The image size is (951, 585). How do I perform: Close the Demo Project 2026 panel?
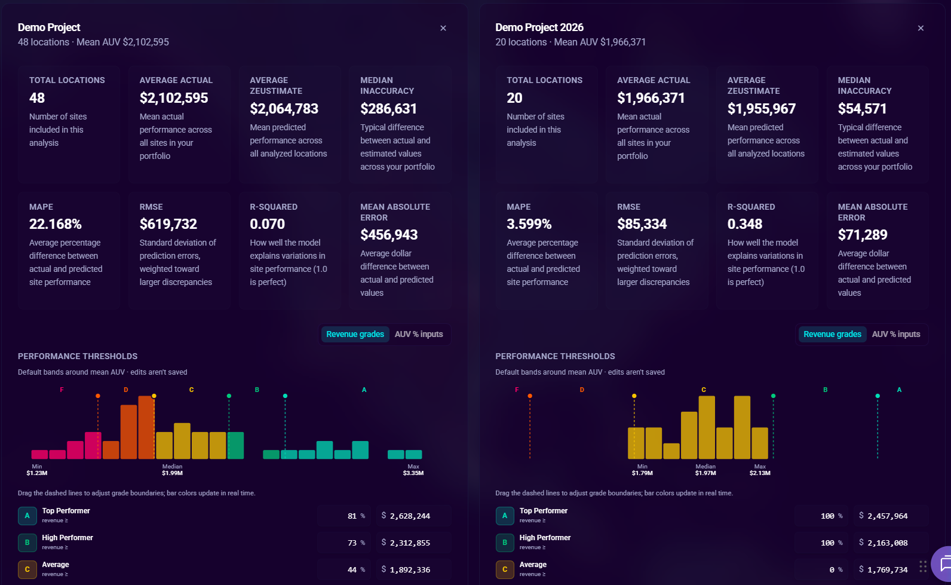[921, 28]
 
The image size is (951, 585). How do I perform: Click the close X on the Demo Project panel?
[443, 28]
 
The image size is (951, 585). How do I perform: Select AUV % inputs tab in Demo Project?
[419, 335]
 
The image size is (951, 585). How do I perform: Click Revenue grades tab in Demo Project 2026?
[832, 335]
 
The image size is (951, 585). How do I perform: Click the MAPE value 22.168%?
[55, 224]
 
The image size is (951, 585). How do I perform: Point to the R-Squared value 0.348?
[745, 224]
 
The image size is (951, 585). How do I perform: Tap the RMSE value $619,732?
[168, 224]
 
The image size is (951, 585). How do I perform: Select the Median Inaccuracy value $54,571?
[862, 109]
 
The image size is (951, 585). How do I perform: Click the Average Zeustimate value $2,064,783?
[284, 109]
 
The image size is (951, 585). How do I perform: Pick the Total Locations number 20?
[514, 98]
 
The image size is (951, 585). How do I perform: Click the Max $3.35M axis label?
[413, 470]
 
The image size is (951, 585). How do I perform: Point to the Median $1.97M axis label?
[705, 470]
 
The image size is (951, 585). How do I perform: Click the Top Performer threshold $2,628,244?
[410, 516]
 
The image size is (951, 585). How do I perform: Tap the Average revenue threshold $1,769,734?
[887, 569]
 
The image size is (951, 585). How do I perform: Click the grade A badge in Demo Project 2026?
[505, 516]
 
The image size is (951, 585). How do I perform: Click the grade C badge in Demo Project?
[27, 569]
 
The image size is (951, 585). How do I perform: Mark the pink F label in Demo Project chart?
[62, 390]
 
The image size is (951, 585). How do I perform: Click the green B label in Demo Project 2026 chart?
[826, 390]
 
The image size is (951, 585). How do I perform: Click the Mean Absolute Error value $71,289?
[862, 235]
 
